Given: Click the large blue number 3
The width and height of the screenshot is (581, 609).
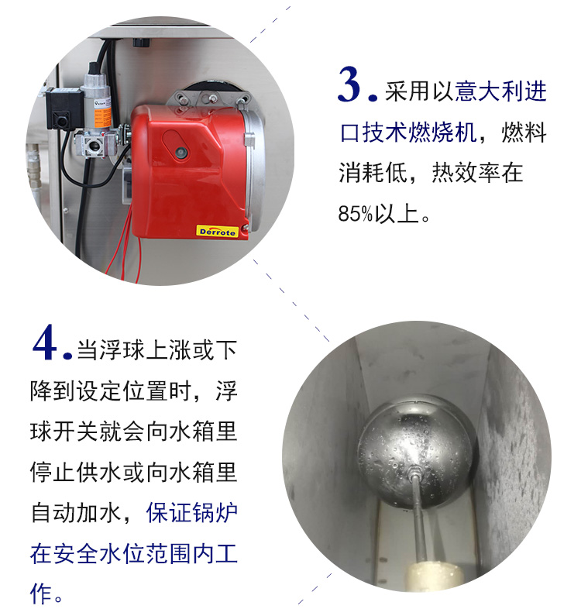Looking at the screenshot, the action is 352,85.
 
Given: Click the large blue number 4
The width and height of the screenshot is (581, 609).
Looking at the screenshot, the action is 47,344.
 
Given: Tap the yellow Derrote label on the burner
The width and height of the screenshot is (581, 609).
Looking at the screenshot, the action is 217,232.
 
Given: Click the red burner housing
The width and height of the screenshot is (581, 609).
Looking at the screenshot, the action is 190,171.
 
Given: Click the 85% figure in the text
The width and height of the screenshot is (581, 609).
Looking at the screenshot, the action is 356,214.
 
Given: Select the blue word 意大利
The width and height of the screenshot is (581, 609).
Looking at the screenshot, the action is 489,91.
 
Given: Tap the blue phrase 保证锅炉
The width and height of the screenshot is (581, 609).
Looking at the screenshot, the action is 191,514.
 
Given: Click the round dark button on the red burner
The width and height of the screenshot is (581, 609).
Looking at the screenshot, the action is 180,153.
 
